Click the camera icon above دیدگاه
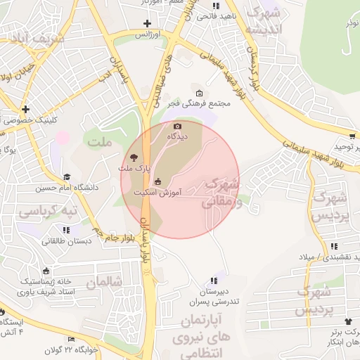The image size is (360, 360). click(177, 126)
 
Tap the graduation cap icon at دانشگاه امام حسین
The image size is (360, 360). click(67, 177)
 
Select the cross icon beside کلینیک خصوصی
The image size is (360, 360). click(25, 109)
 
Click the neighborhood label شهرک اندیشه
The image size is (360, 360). click(267, 21)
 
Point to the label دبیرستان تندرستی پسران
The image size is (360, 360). click(213, 295)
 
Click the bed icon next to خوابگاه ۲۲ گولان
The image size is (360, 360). click(70, 340)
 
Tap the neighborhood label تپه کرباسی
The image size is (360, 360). click(48, 211)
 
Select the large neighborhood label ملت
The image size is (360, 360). click(99, 142)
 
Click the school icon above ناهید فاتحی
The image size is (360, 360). click(225, 5)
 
